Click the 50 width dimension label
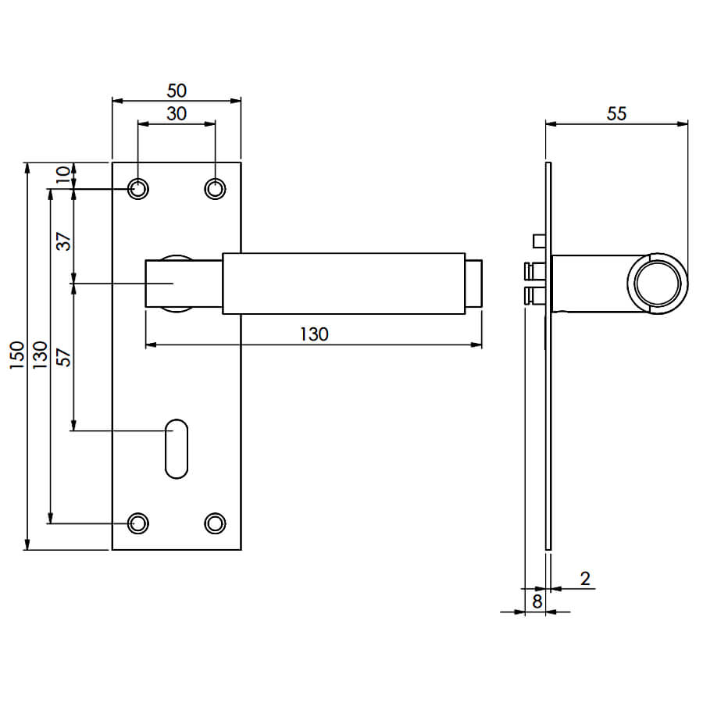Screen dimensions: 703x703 [x=177, y=91]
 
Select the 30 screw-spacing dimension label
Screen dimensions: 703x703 [x=177, y=114]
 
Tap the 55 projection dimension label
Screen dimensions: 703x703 [x=616, y=114]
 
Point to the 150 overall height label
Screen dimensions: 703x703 [x=16, y=355]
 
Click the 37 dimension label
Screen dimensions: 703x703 [x=64, y=241]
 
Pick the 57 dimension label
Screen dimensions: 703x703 [x=64, y=357]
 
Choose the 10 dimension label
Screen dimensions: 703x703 [x=63, y=174]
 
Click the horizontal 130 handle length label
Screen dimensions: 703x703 [x=314, y=334]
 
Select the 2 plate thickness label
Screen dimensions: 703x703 [x=585, y=579]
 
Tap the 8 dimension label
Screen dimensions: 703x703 [x=537, y=601]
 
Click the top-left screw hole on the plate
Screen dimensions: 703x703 [x=138, y=189]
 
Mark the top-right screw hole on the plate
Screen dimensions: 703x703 [x=216, y=189]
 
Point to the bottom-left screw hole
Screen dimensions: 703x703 [x=138, y=523]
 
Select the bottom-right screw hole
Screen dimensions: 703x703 [x=216, y=523]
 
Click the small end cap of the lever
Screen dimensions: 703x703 [x=473, y=284]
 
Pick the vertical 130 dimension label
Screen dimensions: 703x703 [x=41, y=355]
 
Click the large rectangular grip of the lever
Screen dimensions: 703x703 [x=344, y=284]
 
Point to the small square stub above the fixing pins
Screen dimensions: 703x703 [x=539, y=241]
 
